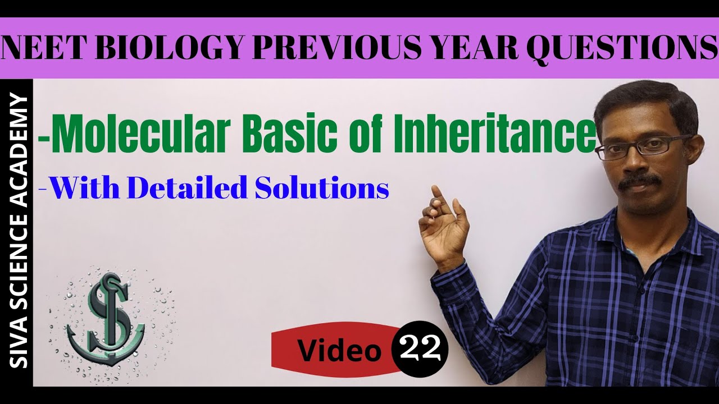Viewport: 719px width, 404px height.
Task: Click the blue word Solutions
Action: (322, 189)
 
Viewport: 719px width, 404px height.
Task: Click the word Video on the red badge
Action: (339, 351)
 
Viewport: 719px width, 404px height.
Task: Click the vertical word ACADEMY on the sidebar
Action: (19, 144)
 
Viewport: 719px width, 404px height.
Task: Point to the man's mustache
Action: (640, 180)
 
